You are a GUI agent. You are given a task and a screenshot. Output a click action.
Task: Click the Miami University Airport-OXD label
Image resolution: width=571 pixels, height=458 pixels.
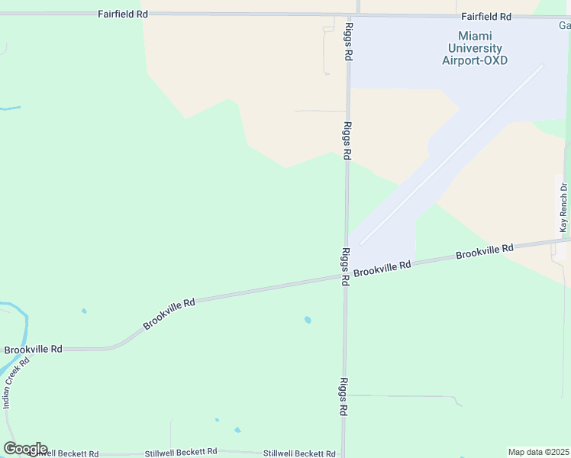point(474,48)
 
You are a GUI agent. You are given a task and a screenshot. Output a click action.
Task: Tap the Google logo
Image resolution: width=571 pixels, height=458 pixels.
point(25,449)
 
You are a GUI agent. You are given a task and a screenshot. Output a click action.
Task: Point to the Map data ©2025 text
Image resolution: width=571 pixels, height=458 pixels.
point(538,452)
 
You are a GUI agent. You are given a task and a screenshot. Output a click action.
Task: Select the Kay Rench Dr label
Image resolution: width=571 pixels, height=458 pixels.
point(563,208)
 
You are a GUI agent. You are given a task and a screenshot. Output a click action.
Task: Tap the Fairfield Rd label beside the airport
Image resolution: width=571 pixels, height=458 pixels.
point(486,16)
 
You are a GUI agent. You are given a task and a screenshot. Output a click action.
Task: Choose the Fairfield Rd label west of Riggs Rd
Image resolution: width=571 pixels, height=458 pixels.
point(122,15)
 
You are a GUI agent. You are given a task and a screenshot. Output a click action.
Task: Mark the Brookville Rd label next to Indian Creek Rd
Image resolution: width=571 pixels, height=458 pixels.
point(33,350)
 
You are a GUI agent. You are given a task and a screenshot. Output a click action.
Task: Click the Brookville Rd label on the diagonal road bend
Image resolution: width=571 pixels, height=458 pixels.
point(169,314)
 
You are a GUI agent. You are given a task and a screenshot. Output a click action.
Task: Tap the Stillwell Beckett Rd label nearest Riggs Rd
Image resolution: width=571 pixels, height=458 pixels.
point(299,453)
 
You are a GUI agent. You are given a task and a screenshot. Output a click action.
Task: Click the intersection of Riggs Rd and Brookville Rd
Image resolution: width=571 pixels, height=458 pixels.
point(345,277)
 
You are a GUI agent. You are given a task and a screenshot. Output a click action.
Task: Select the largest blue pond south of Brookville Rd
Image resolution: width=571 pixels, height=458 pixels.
point(308,320)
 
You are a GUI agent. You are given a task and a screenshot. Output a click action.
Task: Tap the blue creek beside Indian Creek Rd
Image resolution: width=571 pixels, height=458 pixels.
point(25,324)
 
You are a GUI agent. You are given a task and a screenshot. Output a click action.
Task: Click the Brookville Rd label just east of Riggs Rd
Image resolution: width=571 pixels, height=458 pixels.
point(382,268)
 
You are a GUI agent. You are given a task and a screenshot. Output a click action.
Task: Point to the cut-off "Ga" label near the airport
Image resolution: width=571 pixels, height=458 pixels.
point(563,25)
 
